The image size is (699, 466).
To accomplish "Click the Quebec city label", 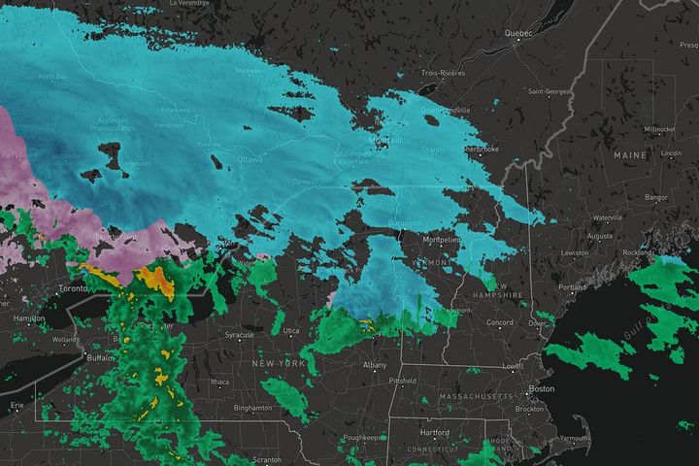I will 518,33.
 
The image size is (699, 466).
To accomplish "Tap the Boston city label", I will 541,389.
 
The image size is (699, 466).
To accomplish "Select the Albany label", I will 375,364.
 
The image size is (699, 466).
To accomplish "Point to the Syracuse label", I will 240,335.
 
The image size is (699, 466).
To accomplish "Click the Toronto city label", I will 75,289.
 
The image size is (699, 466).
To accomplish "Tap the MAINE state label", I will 629,154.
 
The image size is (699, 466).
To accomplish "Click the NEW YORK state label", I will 280,362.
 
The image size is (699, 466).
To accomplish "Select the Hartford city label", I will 434,432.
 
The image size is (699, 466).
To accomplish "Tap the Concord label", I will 500,322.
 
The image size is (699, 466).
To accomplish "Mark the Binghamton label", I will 254,408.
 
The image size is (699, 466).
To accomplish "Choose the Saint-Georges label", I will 549,91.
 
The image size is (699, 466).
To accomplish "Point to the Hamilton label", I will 29,318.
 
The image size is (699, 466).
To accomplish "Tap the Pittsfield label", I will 403,381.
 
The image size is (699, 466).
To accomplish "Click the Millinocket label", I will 658,129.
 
